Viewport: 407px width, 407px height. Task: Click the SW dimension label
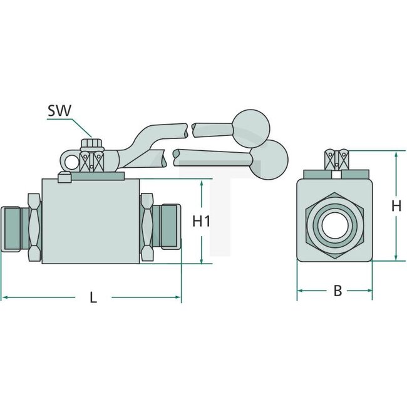(x=59, y=111)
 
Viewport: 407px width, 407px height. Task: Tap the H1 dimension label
(x=201, y=221)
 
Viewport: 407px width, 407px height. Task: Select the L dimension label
(x=93, y=298)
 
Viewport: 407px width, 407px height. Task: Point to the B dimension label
(x=337, y=291)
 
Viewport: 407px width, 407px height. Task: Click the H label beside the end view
(x=395, y=205)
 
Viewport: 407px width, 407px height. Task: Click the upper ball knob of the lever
(x=250, y=127)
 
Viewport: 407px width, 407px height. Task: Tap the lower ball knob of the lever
(x=271, y=156)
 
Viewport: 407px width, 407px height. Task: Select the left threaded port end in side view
(x=11, y=229)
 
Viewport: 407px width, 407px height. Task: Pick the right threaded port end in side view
(x=169, y=229)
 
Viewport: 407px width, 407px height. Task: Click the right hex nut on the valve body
(x=147, y=229)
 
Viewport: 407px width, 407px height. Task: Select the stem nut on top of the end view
(x=336, y=159)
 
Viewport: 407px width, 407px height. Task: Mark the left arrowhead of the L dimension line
(x=3, y=295)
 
